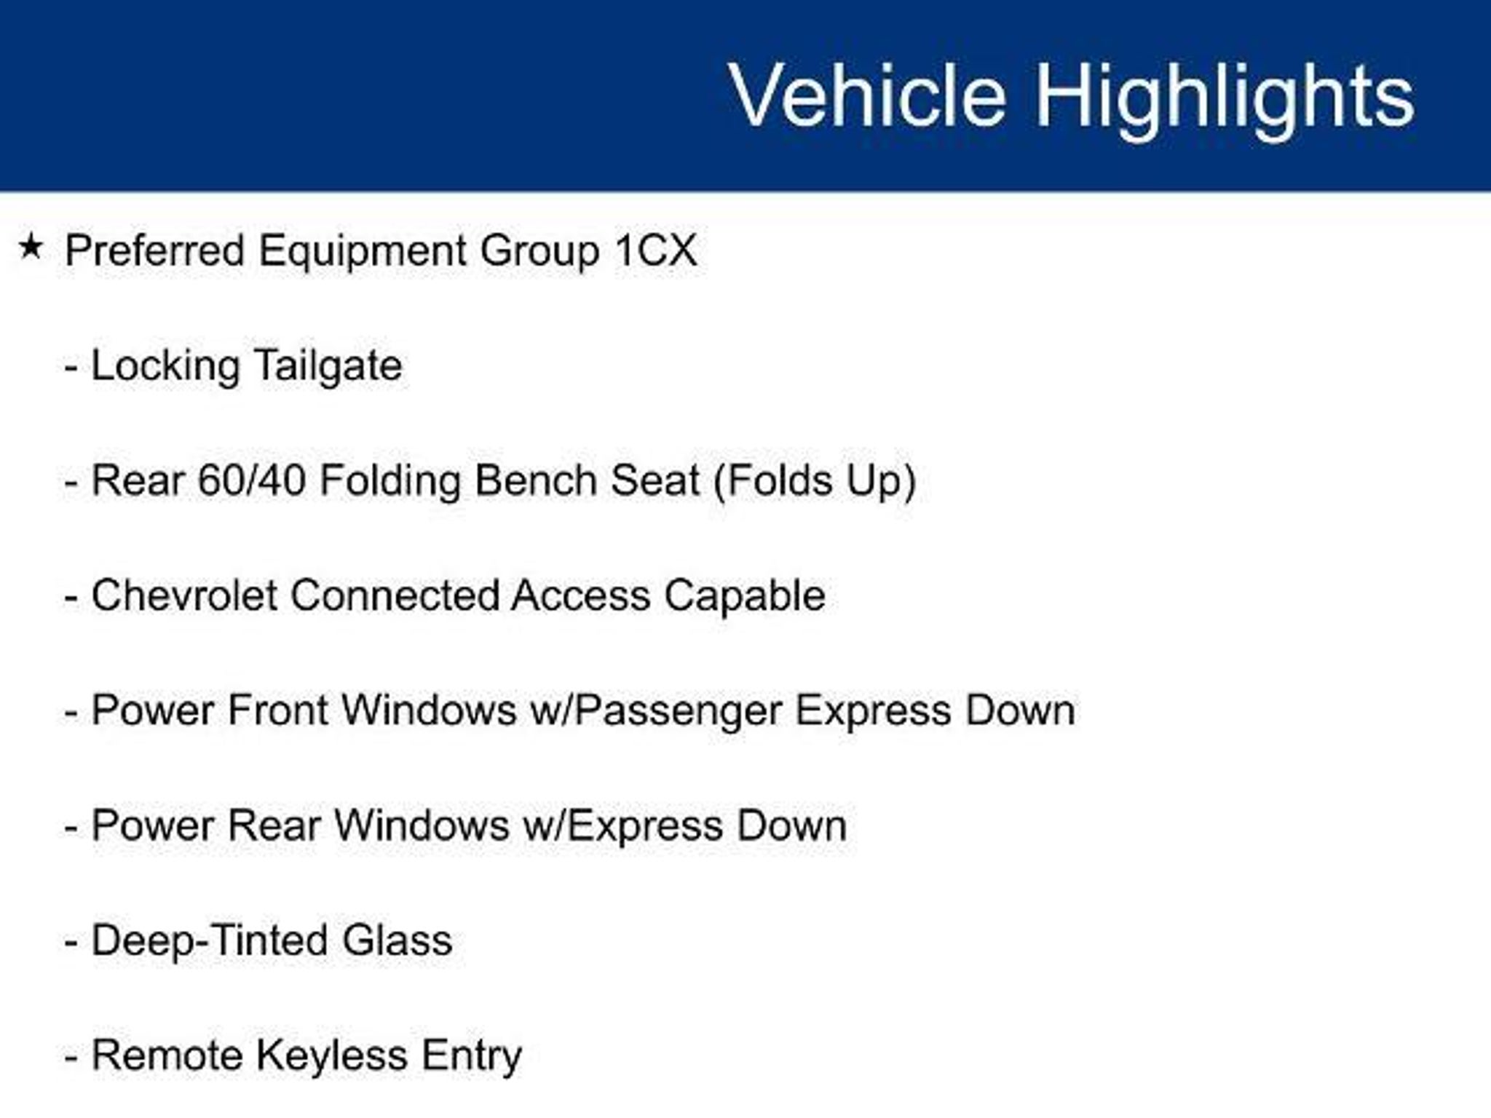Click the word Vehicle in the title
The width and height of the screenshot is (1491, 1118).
[868, 95]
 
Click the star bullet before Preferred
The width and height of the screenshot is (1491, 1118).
[31, 247]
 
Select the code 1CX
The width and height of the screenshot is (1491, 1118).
[656, 250]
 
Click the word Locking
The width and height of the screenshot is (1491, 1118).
[165, 366]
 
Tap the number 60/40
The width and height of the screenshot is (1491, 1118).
[251, 480]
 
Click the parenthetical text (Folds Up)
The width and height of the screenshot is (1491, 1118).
[815, 482]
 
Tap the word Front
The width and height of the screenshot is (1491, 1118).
[277, 710]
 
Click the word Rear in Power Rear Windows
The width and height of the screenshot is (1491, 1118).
[273, 826]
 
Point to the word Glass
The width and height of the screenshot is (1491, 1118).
[398, 940]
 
